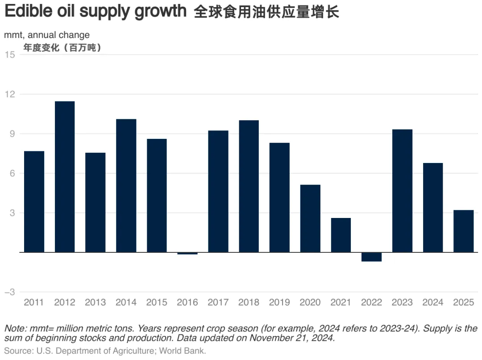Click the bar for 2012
click(x=65, y=177)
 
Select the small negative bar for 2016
click(x=187, y=253)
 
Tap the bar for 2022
click(x=371, y=257)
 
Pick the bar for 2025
click(x=463, y=231)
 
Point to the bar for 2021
click(x=341, y=235)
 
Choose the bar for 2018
click(x=249, y=186)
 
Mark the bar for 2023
click(x=402, y=191)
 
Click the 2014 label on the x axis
click(x=126, y=302)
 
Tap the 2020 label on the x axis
click(x=310, y=302)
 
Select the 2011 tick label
click(x=34, y=302)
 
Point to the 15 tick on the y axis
click(x=10, y=55)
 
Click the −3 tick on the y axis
click(x=9, y=292)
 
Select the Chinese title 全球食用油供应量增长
click(x=266, y=12)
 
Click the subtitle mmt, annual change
click(x=47, y=35)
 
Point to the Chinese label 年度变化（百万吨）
click(x=62, y=48)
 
